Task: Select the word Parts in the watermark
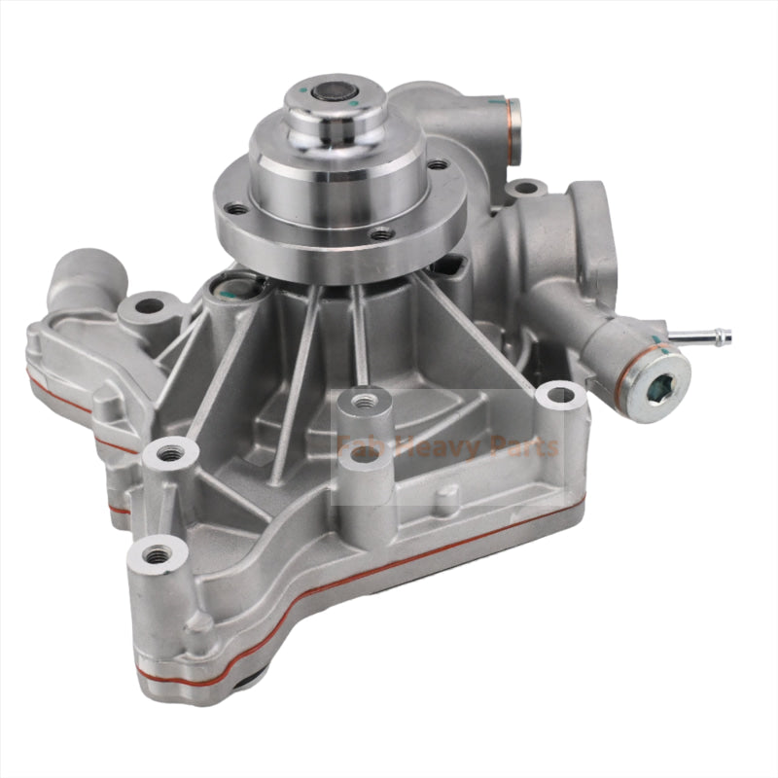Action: (521, 447)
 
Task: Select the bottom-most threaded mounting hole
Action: (157, 555)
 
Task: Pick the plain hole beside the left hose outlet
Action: (149, 306)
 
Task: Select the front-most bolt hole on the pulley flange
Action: (382, 233)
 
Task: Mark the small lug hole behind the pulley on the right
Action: (525, 187)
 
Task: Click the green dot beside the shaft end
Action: (355, 102)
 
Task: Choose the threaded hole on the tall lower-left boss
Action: (170, 452)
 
